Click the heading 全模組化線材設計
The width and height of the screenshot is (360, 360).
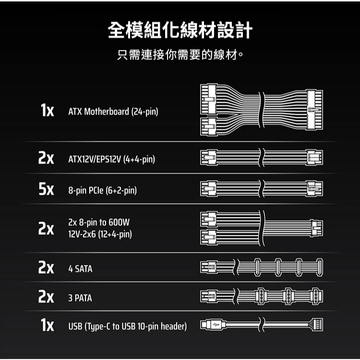pyautogui.click(x=180, y=31)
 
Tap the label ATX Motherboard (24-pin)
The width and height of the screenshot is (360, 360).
pyautogui.click(x=113, y=112)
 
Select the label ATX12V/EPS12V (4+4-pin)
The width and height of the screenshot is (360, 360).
pyautogui.click(x=111, y=158)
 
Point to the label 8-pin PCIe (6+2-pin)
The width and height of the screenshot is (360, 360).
pyautogui.click(x=103, y=191)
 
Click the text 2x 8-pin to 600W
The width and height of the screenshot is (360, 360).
pyautogui.click(x=99, y=223)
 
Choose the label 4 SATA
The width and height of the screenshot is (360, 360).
pyautogui.click(x=80, y=269)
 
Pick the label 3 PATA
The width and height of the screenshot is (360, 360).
pyautogui.click(x=80, y=298)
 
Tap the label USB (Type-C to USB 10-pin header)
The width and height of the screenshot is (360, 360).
pyautogui.click(x=128, y=327)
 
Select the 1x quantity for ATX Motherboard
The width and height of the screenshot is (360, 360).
pyautogui.click(x=47, y=111)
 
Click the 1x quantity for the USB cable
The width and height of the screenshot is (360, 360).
pyautogui.click(x=47, y=326)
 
